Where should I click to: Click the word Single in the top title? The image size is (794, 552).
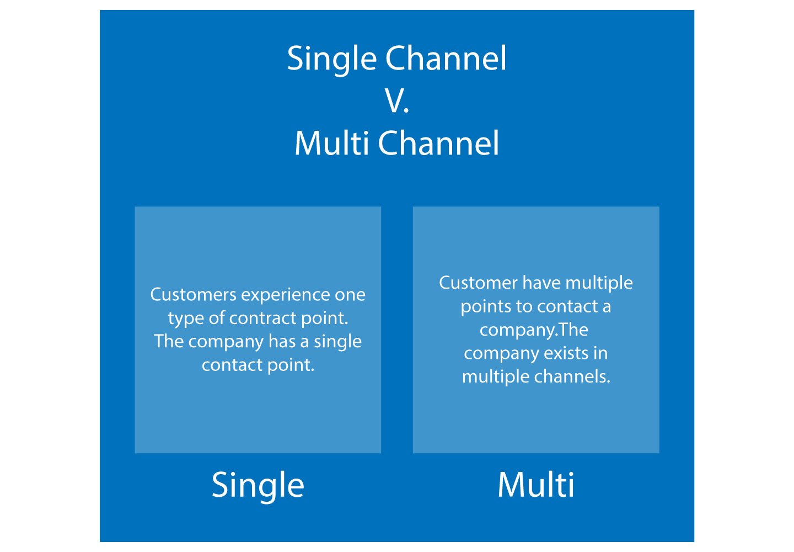(331, 59)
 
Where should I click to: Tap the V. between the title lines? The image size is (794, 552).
(397, 101)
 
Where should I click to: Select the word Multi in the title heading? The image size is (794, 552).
(331, 143)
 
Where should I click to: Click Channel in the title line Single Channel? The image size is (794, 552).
(446, 58)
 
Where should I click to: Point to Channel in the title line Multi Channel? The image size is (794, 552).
(439, 143)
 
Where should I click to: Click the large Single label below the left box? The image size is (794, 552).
(257, 485)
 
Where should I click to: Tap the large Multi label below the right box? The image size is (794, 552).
(535, 485)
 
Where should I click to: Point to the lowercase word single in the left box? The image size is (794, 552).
(337, 342)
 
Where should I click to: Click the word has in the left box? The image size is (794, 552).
(282, 341)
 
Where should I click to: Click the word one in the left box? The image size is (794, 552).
(350, 295)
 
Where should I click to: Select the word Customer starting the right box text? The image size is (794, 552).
(478, 283)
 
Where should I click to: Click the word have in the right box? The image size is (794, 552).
(541, 283)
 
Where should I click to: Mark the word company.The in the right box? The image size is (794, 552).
(534, 330)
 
